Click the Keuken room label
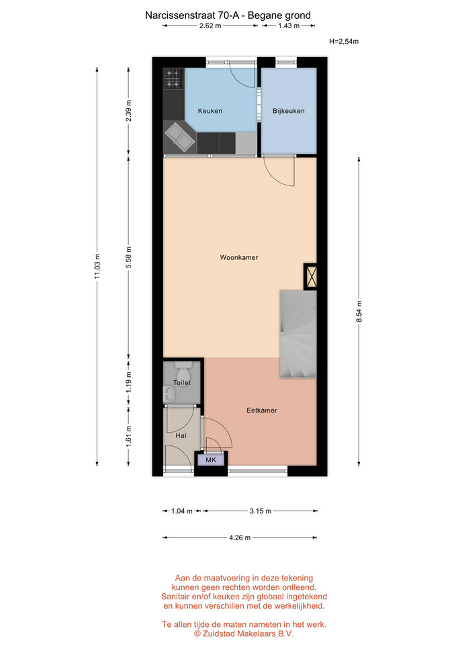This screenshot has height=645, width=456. (x=210, y=111)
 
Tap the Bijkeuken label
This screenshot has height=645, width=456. (x=289, y=111)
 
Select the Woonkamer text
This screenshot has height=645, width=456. (x=239, y=257)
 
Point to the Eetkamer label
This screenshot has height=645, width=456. (x=262, y=410)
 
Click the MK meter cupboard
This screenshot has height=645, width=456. (x=211, y=460)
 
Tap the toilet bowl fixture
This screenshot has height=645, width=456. (x=181, y=374)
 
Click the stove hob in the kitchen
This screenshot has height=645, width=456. (x=173, y=79)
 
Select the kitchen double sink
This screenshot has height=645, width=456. (x=180, y=137)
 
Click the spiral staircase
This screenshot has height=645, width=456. (x=298, y=334)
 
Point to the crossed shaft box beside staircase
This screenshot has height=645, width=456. (x=310, y=276)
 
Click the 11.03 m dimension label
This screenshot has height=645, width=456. (x=97, y=267)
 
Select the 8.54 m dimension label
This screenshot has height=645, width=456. (x=359, y=312)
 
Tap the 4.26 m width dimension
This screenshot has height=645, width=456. (x=240, y=537)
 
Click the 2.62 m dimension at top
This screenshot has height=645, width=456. (x=210, y=26)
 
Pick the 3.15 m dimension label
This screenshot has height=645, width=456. (x=261, y=511)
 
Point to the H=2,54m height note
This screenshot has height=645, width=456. (x=344, y=41)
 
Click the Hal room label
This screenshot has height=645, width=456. (x=181, y=435)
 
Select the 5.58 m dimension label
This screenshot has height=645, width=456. (x=129, y=257)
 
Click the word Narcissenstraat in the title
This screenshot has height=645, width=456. (x=180, y=15)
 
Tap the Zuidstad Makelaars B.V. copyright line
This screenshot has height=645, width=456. (x=244, y=634)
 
